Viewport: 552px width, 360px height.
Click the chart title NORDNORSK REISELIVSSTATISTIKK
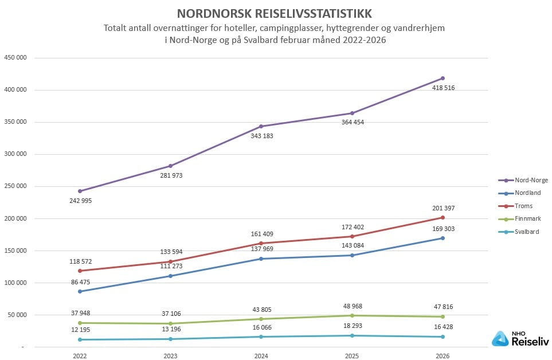click(274, 13)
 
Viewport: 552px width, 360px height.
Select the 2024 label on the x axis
click(261, 355)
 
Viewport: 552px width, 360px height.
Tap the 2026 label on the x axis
click(443, 355)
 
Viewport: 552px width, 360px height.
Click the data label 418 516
click(444, 88)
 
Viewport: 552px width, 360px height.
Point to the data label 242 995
click(80, 201)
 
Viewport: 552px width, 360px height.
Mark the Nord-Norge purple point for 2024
click(261, 126)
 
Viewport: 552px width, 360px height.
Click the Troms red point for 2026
click(443, 217)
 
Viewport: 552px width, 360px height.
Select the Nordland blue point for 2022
click(80, 291)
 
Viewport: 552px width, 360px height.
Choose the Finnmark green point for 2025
click(352, 315)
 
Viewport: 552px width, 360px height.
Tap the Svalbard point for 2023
click(170, 339)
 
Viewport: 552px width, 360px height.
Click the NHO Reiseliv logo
click(520, 339)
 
